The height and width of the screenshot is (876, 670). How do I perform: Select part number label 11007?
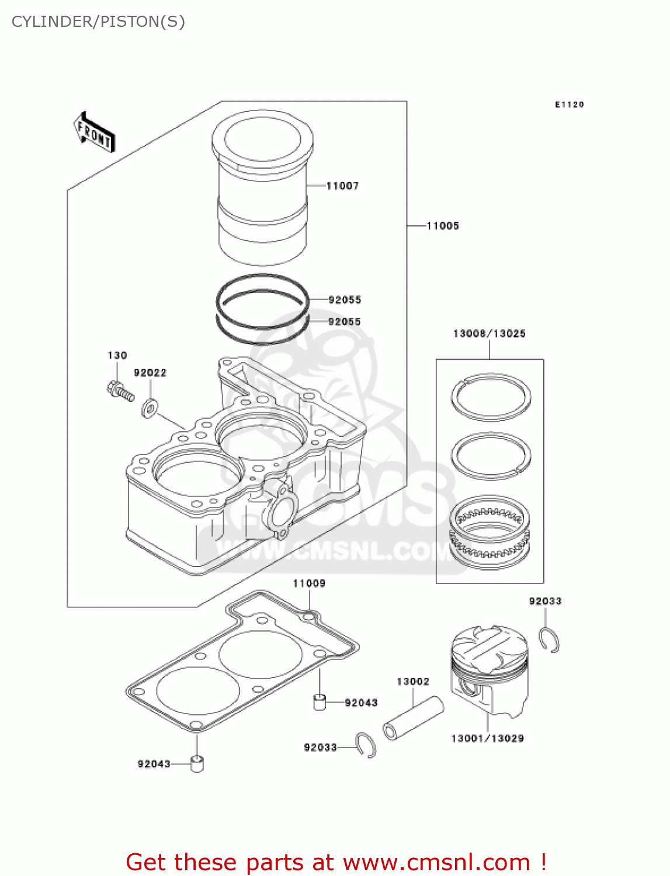coord(342,186)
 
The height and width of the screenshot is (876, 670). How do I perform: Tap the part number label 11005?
coord(443,225)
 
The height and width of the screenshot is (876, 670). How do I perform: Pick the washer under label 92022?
coord(150,408)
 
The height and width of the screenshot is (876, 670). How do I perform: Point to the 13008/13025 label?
coord(489,333)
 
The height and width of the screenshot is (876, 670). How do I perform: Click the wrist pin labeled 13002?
coord(412,718)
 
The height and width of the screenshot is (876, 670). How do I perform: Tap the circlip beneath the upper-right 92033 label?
coord(549,640)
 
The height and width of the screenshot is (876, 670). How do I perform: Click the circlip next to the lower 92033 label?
coord(366,745)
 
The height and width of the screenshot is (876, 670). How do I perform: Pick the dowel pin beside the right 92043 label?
coord(320,701)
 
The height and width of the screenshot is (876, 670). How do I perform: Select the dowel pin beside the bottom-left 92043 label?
coord(197,763)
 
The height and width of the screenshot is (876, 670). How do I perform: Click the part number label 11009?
coord(309,583)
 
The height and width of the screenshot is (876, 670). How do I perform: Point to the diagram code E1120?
coord(569,105)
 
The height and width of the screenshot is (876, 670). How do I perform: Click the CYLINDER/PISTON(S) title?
coord(98,22)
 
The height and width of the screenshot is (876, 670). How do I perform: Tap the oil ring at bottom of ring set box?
coord(490,533)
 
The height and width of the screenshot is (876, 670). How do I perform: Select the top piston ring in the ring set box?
coord(491,397)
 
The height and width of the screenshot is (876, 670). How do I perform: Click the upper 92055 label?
coord(345,300)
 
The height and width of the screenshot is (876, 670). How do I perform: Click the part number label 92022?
coord(150,373)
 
